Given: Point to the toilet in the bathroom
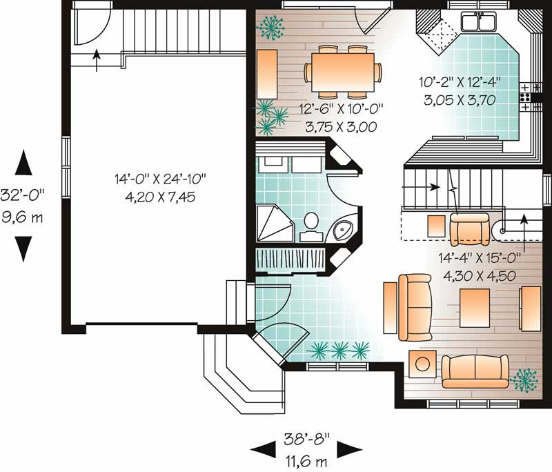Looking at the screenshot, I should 311,223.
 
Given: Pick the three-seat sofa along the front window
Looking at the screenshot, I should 475,371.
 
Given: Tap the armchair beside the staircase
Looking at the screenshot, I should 469,228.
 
